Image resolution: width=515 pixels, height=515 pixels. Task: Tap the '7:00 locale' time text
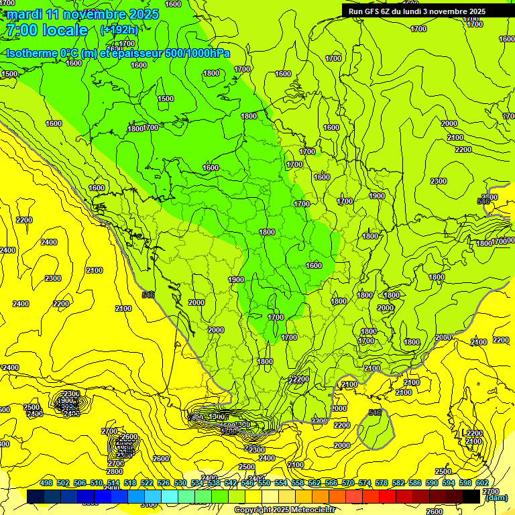(46, 30)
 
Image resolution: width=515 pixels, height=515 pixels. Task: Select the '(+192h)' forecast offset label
(119, 30)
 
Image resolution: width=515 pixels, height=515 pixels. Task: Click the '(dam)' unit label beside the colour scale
(496, 498)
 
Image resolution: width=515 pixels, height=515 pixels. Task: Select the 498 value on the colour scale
(46, 483)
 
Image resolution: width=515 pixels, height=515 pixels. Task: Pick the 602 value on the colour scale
(482, 483)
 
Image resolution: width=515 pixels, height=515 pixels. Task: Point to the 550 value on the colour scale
(264, 483)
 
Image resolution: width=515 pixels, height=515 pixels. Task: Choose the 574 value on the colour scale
(365, 483)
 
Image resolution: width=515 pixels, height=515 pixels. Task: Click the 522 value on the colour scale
(147, 483)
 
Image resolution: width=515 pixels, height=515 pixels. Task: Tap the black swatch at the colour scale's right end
(471, 496)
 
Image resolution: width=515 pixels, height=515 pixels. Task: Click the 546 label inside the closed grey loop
(375, 412)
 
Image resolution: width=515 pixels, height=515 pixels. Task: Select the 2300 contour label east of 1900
(439, 182)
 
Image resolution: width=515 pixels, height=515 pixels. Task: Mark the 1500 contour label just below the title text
(9, 74)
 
